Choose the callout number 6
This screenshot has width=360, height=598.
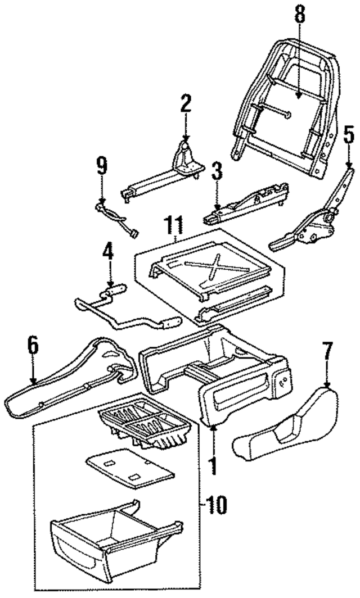[33, 346]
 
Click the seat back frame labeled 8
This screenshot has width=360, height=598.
[281, 96]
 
